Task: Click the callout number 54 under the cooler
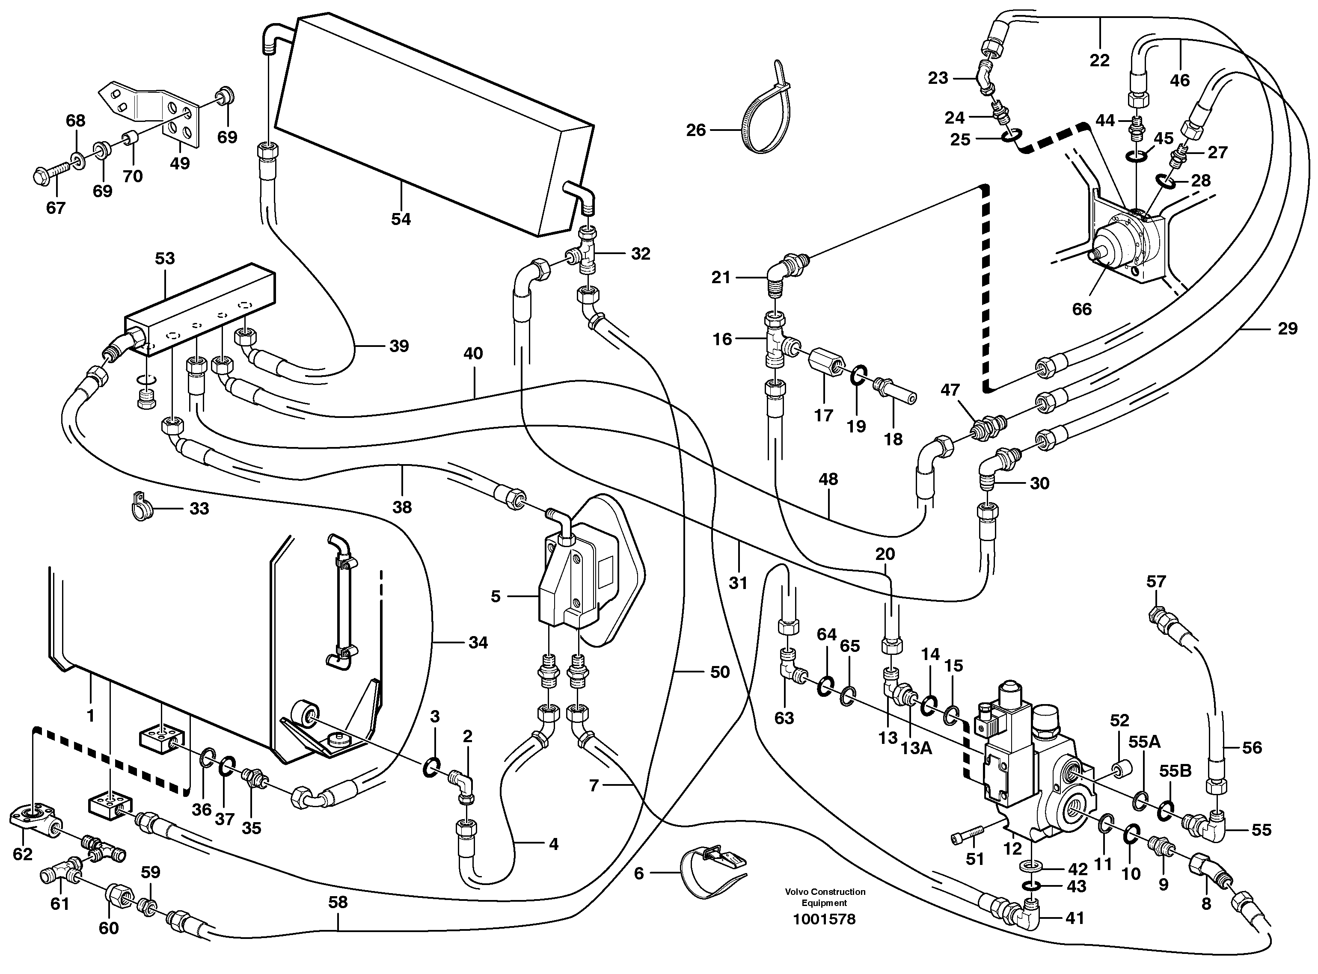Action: [401, 219]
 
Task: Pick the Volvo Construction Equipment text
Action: [825, 897]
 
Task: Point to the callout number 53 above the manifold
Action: [165, 258]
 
